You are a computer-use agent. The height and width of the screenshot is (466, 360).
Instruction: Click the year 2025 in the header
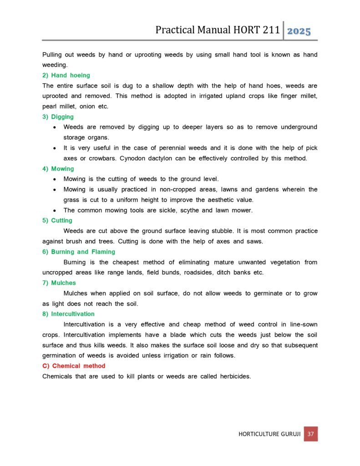299,31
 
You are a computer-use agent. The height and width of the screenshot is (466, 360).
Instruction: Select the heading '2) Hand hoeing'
66,75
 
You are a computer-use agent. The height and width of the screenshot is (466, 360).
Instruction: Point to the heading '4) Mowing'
58,169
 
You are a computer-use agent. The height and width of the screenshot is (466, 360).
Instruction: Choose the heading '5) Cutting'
57,221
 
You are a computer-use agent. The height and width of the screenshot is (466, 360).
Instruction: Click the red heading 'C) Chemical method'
73,366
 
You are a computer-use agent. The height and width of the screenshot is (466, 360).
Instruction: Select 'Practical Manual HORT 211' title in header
216,30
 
